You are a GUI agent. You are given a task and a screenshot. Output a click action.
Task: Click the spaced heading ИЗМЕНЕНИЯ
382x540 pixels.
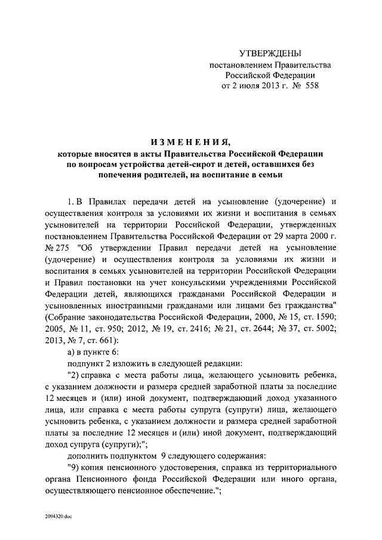tap(190, 141)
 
